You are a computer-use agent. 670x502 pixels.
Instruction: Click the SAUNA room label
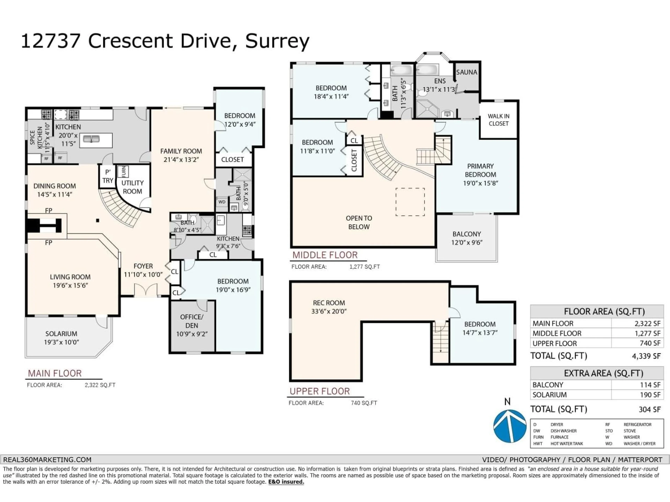pos(466,72)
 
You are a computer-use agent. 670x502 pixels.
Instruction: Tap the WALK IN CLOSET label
pos(498,120)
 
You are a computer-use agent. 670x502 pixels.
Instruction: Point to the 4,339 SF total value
pos(646,356)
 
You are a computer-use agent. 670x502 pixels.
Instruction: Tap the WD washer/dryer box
pos(222,202)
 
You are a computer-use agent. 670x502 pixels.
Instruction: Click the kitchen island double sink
pos(91,139)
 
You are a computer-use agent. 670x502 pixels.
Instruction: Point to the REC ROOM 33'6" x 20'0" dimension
pos(329,311)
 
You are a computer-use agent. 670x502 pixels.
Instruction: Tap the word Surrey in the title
pos(277,41)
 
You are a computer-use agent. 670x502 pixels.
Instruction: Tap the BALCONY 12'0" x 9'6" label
pos(466,238)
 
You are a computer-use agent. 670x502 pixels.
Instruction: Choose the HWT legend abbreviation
pos(538,444)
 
